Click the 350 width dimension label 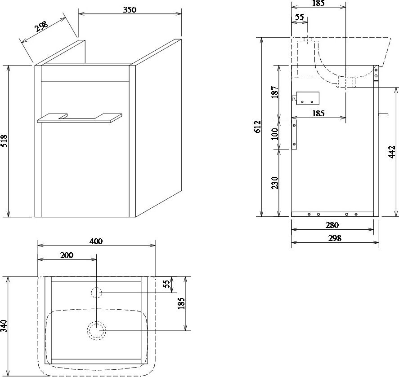(x=130, y=9)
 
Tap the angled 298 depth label (x=41, y=26)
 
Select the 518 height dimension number (x=4, y=141)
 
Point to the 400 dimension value (x=96, y=241)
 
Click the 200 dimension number (x=67, y=255)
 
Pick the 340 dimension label (x=4, y=326)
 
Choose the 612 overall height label (x=257, y=127)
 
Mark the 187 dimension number (x=275, y=92)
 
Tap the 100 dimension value (x=275, y=134)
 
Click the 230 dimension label (x=275, y=183)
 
